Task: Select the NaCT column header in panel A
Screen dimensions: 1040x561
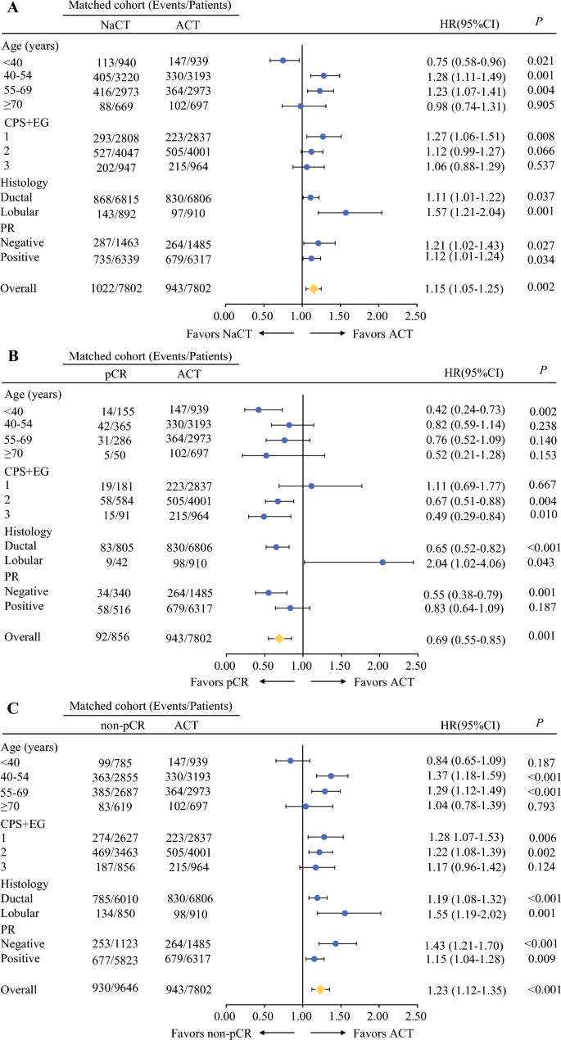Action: (x=114, y=25)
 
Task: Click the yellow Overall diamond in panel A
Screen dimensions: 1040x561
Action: (x=313, y=289)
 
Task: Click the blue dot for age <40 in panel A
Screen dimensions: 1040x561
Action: (x=283, y=61)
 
